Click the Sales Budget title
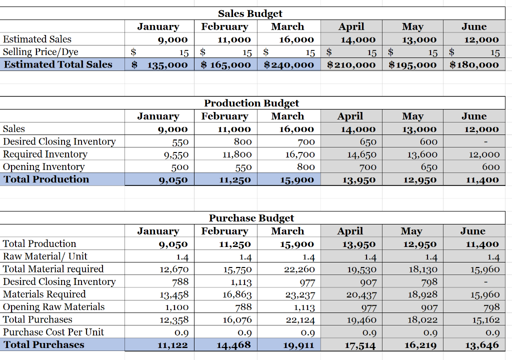pos(250,13)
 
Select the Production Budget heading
pos(251,103)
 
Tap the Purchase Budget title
pos(251,218)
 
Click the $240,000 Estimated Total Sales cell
pos(289,64)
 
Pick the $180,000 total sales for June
pos(474,64)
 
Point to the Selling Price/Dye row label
pos(40,51)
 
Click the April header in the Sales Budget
pos(351,26)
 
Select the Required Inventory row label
pos(45,154)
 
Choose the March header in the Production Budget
pos(287,116)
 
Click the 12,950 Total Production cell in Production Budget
pos(420,180)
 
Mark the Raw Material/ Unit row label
pos(45,256)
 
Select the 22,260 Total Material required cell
pos(299,269)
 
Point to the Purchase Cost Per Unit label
pos(53,332)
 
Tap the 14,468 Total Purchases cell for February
pos(234,345)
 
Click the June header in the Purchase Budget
pos(473,231)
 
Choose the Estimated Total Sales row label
pos(58,64)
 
